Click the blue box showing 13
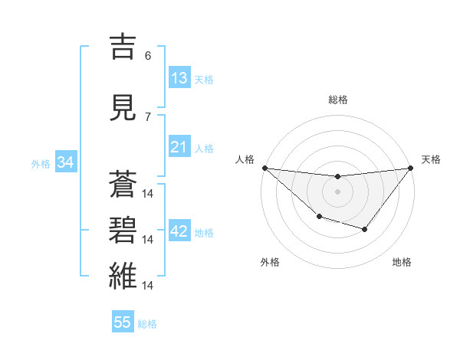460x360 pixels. tap(179, 78)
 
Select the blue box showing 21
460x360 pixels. tap(179, 147)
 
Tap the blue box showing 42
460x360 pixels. tap(179, 231)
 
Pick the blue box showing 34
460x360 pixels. tap(65, 162)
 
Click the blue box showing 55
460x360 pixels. tap(123, 322)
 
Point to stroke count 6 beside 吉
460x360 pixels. tap(148, 55)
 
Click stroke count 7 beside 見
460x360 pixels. tap(148, 116)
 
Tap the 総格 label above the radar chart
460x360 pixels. tap(337, 100)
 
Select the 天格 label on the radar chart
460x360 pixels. tap(432, 159)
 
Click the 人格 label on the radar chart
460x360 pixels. tap(245, 159)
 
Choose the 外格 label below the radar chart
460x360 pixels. tap(269, 262)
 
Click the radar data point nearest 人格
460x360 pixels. tap(264, 168)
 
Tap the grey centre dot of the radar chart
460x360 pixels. tap(337, 191)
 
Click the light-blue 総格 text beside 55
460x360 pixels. tap(147, 324)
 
